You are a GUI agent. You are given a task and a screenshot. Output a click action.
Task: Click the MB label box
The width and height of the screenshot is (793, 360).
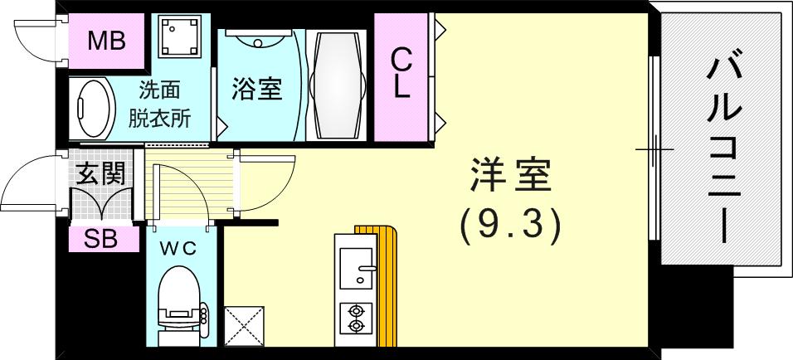point(107,41)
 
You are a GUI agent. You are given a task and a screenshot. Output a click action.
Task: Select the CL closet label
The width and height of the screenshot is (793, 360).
point(401,74)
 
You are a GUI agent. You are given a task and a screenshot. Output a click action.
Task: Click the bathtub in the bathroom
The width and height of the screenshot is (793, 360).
point(336,85)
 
